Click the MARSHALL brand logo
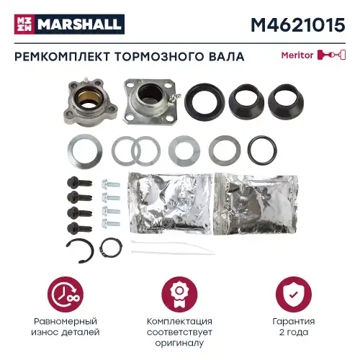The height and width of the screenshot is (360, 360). click(69, 24)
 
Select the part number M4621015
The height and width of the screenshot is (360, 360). click(298, 25)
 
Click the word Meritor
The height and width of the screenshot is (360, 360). click(297, 55)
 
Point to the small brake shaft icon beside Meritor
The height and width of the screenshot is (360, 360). click(331, 55)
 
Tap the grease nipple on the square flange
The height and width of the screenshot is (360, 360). click(176, 96)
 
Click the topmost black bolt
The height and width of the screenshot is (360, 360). click(79, 183)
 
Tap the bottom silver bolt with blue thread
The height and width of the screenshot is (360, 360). click(111, 224)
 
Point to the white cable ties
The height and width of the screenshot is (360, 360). click(172, 248)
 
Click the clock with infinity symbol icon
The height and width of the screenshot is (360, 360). click(66, 294)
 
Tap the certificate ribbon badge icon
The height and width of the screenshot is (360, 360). click(179, 294)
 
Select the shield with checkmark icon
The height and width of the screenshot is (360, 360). click(294, 294)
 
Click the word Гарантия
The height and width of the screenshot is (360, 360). click(294, 321)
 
